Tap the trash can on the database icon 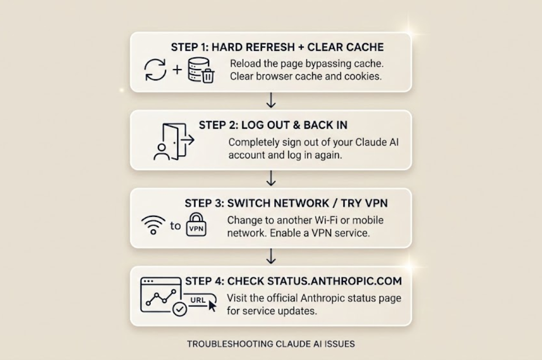(x=207, y=76)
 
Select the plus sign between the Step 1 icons (x=177, y=70)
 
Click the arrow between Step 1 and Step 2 (x=271, y=100)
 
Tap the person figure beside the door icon (x=161, y=152)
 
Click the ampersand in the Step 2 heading (x=296, y=125)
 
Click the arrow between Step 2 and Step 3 (x=271, y=178)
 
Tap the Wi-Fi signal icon (x=153, y=225)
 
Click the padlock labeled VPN (x=196, y=225)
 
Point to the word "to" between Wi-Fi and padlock (x=175, y=226)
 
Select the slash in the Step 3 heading (x=335, y=203)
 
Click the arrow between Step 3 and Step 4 (x=271, y=256)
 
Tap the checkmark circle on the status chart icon (x=179, y=309)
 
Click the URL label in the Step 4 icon (x=198, y=300)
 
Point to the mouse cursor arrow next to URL (x=212, y=305)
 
